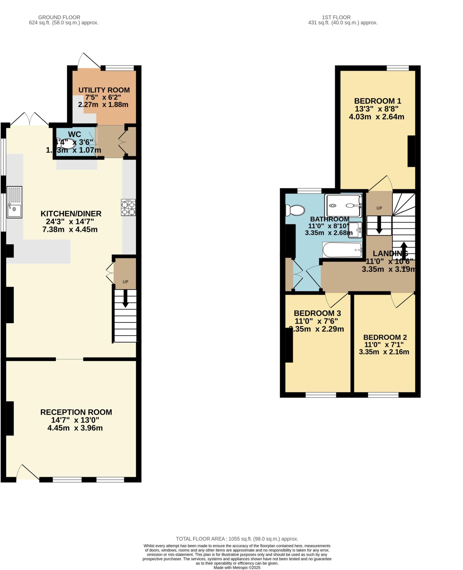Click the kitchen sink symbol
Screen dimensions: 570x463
pos(14,202)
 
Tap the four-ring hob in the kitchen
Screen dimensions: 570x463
pos(128,208)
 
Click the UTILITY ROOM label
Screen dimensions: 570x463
pos(104,90)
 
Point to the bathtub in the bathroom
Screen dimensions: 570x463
pos(342,250)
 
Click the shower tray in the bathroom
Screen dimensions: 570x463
pos(344,206)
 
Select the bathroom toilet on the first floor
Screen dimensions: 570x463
pos(295,210)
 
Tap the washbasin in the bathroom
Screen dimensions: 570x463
pos(355,230)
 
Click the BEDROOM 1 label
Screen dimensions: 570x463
pos(377,101)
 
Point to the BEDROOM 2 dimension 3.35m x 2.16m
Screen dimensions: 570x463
pos(384,352)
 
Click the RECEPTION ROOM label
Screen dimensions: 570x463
pos(76,412)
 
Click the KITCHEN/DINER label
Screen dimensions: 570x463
pos(71,214)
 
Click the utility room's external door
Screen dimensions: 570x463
pos(88,60)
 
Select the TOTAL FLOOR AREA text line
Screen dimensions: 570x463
pos(237,539)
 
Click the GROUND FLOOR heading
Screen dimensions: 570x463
pos(59,17)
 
